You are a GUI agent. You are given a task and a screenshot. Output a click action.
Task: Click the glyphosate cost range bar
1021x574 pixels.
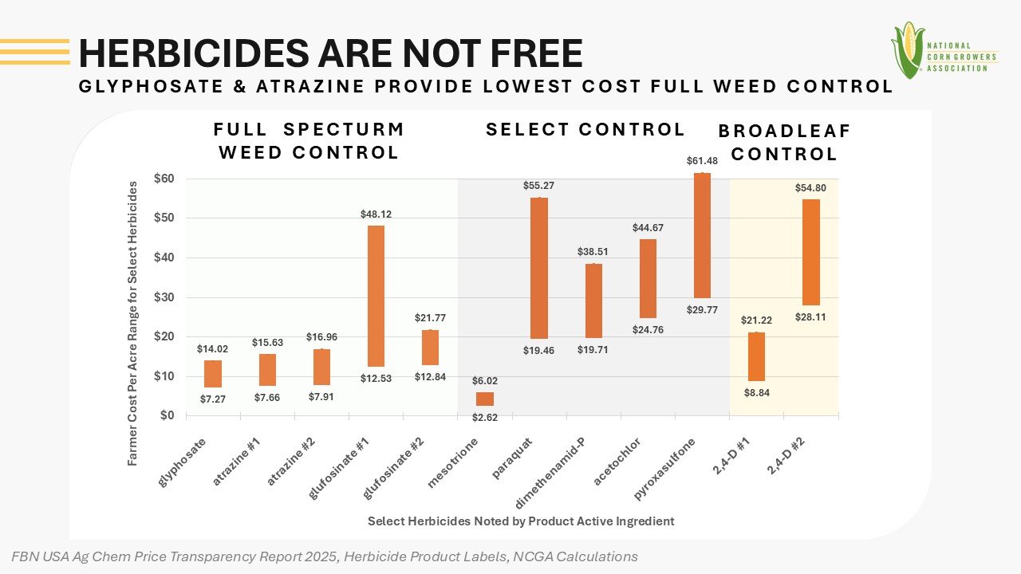[213, 374]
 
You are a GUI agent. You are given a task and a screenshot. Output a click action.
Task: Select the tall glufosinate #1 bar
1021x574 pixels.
[376, 296]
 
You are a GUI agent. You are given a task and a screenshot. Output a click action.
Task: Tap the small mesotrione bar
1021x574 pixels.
[485, 399]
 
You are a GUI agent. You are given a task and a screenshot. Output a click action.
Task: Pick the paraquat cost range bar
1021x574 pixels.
[539, 268]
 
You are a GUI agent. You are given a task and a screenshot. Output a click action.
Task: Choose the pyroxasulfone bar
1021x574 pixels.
[702, 235]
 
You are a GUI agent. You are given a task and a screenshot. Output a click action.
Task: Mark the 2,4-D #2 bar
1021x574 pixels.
[811, 252]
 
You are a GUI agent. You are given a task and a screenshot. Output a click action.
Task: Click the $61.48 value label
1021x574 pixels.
[702, 161]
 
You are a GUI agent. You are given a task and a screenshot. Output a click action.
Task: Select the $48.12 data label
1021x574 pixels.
[376, 214]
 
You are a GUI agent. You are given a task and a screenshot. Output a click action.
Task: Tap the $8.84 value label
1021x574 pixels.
[757, 393]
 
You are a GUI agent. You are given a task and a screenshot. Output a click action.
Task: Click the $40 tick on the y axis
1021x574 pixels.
[164, 258]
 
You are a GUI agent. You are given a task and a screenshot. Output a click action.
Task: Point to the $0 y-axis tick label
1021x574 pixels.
[167, 415]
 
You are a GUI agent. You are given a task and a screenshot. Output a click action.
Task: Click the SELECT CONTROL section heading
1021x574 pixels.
[585, 129]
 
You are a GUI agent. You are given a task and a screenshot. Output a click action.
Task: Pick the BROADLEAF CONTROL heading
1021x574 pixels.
[785, 143]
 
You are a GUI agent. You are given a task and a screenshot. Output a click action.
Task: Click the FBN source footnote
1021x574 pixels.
[325, 556]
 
